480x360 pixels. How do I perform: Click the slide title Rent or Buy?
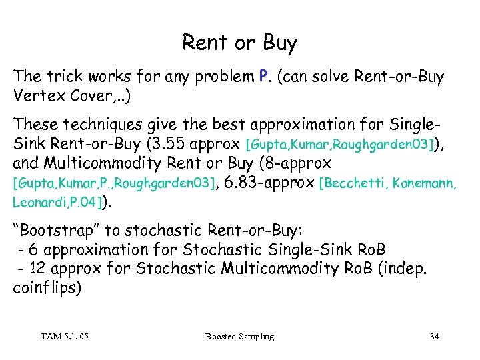[x=240, y=43]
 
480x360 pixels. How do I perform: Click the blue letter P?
[x=263, y=77]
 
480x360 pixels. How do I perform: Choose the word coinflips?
[x=47, y=288]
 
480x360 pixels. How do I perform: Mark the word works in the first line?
[x=105, y=77]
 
